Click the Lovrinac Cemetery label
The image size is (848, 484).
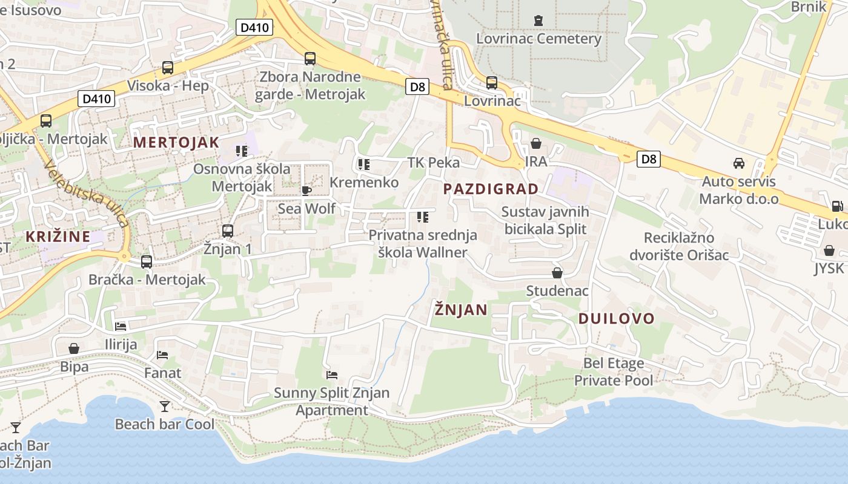point(538,39)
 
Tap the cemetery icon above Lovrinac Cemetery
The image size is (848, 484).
point(538,21)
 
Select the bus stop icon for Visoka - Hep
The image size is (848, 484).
point(168,68)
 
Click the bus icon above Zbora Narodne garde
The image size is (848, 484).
point(310,59)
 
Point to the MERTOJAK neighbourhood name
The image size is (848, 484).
point(176,143)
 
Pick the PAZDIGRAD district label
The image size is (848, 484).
point(491,189)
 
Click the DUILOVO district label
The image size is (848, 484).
point(616,318)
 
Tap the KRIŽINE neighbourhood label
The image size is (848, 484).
point(58,237)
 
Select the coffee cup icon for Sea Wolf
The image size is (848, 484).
point(306,191)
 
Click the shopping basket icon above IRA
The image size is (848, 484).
point(536,143)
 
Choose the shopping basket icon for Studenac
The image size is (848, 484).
point(557,273)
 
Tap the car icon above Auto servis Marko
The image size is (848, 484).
point(739,163)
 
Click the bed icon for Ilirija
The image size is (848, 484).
point(121,327)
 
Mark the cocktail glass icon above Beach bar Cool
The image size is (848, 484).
point(164,406)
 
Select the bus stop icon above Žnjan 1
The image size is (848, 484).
point(228,231)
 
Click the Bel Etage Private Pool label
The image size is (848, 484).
point(614,372)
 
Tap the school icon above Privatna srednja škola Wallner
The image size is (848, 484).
point(423,217)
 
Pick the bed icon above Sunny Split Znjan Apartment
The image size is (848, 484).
point(331,375)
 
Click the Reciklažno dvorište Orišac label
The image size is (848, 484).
point(678,246)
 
